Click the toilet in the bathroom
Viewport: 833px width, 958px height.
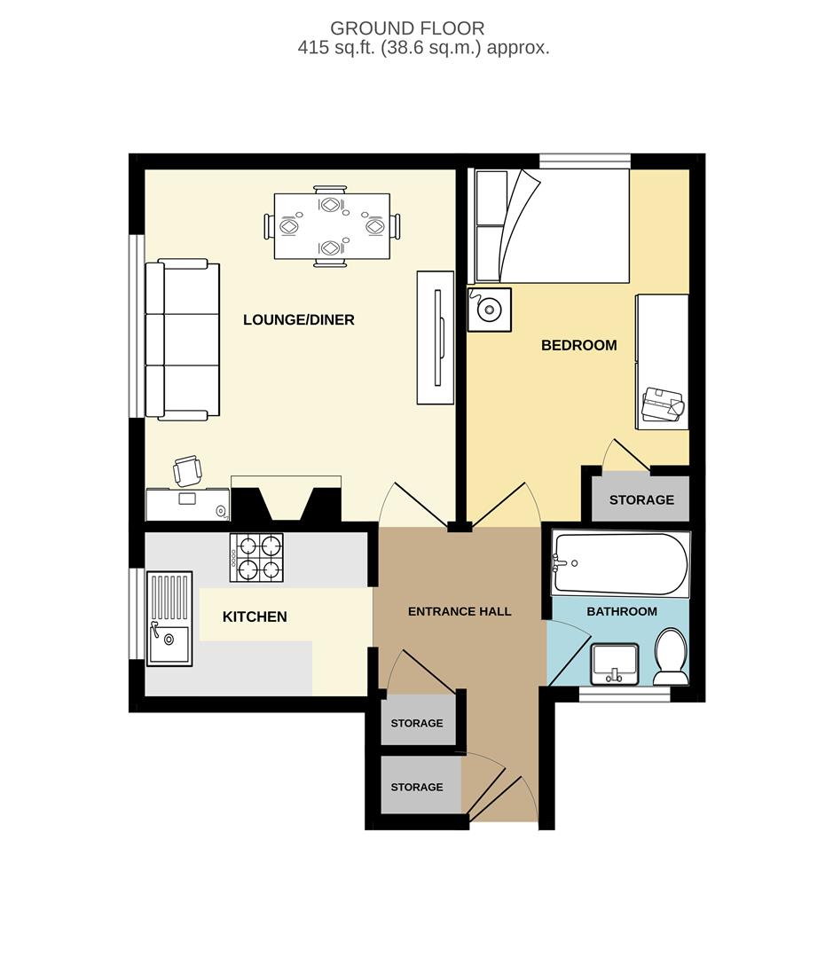click(x=670, y=656)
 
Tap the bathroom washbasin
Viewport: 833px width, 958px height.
click(x=614, y=664)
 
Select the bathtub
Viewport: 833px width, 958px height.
click(x=619, y=563)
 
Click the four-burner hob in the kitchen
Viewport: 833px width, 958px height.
click(x=256, y=557)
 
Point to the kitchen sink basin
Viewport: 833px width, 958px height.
click(x=169, y=645)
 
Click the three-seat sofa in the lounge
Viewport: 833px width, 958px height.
click(x=182, y=339)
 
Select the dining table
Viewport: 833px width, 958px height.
click(x=331, y=226)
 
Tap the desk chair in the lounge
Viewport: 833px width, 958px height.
click(x=187, y=471)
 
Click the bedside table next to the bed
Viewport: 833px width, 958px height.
click(x=489, y=309)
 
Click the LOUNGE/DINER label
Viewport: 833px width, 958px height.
click(x=299, y=319)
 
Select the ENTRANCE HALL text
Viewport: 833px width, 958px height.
click(x=460, y=611)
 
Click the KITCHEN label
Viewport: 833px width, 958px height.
click(x=255, y=616)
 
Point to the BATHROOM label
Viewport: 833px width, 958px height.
click(x=621, y=611)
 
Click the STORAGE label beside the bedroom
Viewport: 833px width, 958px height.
click(x=641, y=499)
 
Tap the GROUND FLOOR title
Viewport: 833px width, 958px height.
click(x=407, y=29)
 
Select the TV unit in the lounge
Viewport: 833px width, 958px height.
click(x=436, y=337)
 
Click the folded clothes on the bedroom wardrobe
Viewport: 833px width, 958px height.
click(x=662, y=404)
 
